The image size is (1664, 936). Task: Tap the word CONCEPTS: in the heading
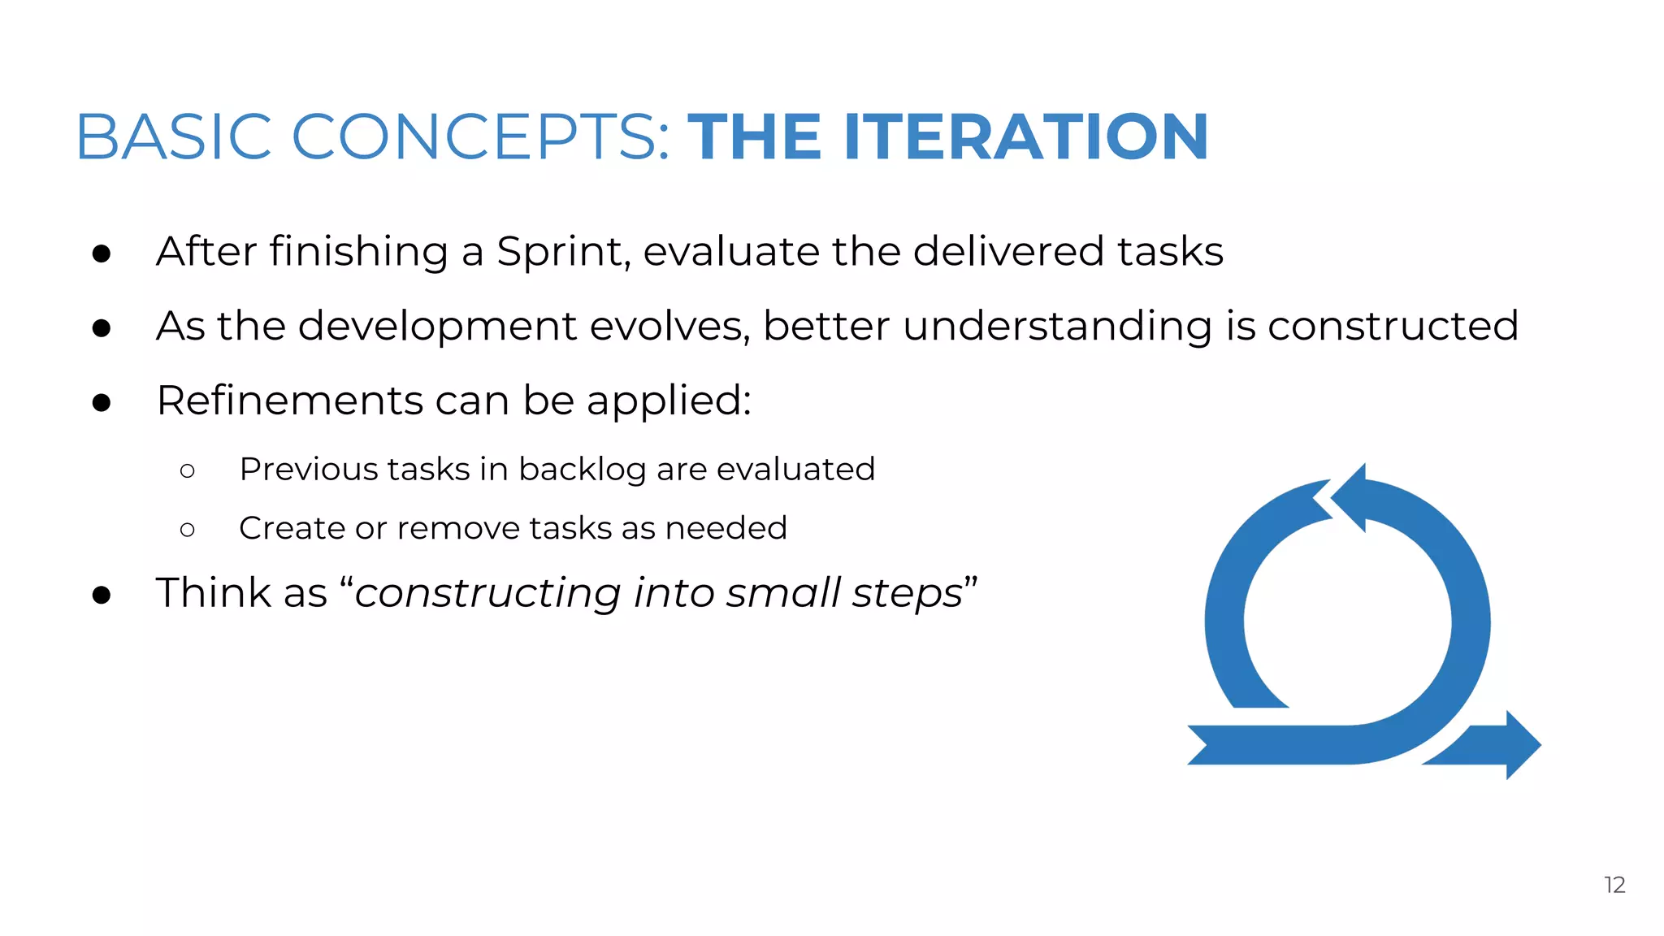coord(480,136)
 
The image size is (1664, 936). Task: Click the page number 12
coord(1614,885)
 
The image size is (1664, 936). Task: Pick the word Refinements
coord(288,401)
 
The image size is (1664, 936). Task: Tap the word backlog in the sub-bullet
coord(582,470)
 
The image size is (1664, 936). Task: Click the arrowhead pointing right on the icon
coord(1520,744)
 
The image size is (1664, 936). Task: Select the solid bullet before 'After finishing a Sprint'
coord(102,253)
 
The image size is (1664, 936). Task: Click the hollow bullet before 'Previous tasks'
coord(188,470)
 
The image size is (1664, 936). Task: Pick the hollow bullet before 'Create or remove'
coord(188,530)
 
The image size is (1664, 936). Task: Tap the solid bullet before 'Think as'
coord(102,595)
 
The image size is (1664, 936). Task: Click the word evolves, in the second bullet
coord(669,327)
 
